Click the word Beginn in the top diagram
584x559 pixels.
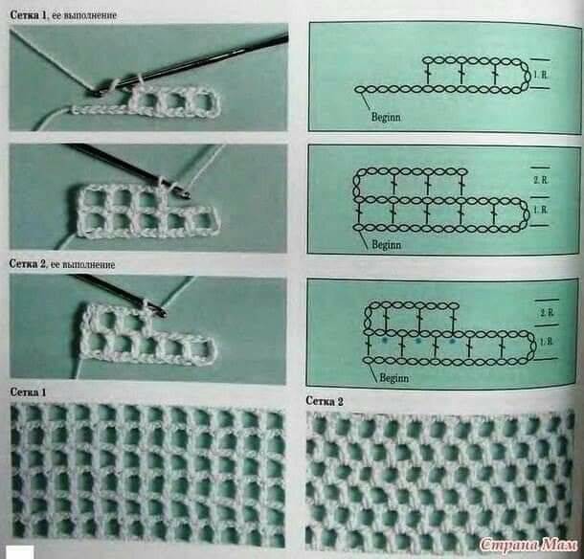coord(386,117)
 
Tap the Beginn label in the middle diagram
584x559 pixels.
coord(387,245)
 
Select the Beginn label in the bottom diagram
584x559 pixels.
coord(394,378)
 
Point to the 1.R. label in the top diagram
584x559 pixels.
coord(540,75)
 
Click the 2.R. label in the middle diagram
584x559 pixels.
coord(540,180)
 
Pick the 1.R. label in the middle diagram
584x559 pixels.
coord(540,210)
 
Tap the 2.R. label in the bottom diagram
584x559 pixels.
coord(547,312)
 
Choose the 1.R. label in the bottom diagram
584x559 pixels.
coord(546,341)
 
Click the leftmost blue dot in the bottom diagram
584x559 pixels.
coord(384,341)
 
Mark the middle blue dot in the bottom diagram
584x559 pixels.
coord(418,341)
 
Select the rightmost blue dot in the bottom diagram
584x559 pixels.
coord(452,341)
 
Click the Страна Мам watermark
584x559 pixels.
coord(528,545)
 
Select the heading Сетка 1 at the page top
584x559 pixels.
coord(30,15)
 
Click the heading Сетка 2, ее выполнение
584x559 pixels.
coord(62,264)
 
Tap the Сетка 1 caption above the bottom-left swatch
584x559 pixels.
coord(29,392)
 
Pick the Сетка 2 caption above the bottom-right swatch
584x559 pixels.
coord(325,401)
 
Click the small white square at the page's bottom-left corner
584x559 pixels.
coord(21,552)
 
